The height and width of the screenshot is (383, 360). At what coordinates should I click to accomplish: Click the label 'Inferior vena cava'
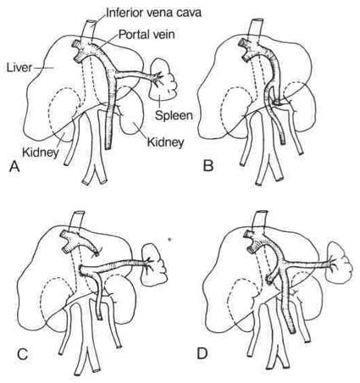(x=154, y=13)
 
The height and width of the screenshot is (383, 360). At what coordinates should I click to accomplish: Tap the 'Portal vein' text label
(x=147, y=35)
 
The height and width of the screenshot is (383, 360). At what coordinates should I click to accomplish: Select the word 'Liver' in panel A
(x=19, y=68)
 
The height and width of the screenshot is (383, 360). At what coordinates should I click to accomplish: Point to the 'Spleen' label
(x=174, y=115)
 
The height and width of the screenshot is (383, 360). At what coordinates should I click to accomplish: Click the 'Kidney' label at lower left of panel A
(x=41, y=153)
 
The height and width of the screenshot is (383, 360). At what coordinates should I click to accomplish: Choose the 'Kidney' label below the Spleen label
(x=166, y=142)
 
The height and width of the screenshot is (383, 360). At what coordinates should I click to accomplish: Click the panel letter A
(x=14, y=167)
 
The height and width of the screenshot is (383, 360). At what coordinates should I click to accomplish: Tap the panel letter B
(x=208, y=166)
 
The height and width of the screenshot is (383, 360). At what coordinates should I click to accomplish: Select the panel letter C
(x=23, y=354)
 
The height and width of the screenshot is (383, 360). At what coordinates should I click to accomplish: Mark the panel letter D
(x=202, y=353)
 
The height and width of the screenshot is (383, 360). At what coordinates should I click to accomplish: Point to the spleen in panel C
(x=154, y=265)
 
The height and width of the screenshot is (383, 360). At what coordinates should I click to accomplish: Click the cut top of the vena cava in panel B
(x=257, y=21)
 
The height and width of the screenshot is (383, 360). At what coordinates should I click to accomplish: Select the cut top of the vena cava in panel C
(x=79, y=214)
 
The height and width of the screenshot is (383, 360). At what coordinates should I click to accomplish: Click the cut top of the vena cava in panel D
(x=260, y=212)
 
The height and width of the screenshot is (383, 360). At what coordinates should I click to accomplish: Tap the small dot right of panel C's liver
(x=169, y=240)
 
